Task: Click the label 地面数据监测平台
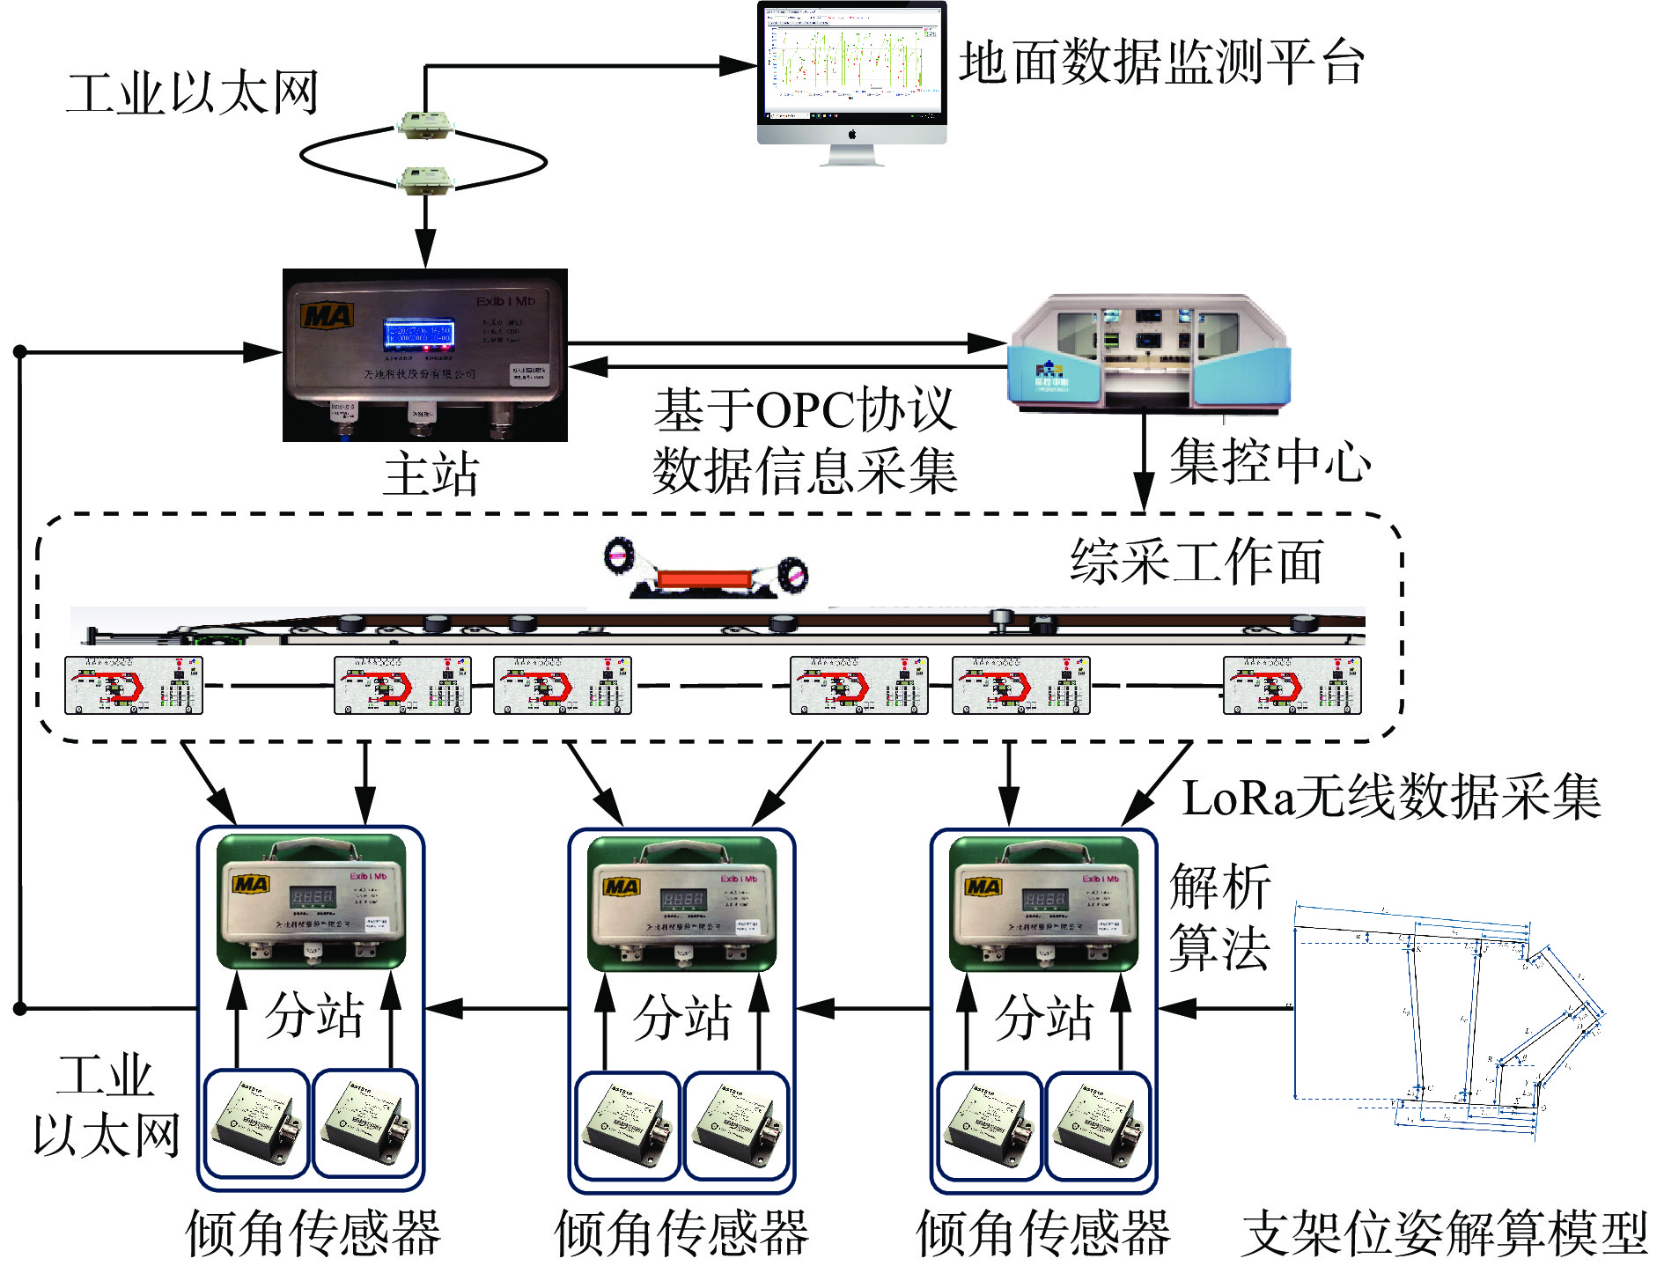(x=1162, y=63)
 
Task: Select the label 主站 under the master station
(x=431, y=475)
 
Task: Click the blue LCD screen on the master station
(x=418, y=334)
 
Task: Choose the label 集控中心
(x=1270, y=461)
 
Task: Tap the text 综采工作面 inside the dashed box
(x=1196, y=562)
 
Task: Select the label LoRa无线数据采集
(x=1391, y=799)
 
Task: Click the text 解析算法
(x=1219, y=916)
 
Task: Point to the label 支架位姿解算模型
(x=1444, y=1233)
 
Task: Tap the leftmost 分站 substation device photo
(x=312, y=902)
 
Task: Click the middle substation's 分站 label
(x=682, y=1017)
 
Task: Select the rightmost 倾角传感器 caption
(x=1043, y=1233)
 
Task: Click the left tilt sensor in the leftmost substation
(x=256, y=1122)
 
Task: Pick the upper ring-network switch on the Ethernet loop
(x=425, y=125)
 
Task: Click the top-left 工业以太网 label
(x=192, y=93)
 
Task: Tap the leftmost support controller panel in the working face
(x=134, y=685)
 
